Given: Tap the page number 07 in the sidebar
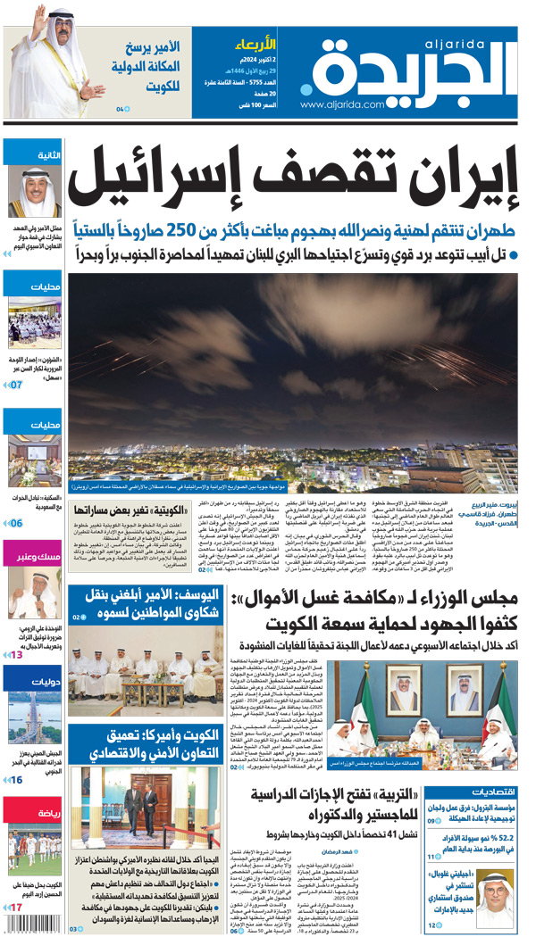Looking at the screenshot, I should [x=16, y=385].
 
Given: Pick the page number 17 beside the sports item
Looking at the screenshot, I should [x=16, y=908].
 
